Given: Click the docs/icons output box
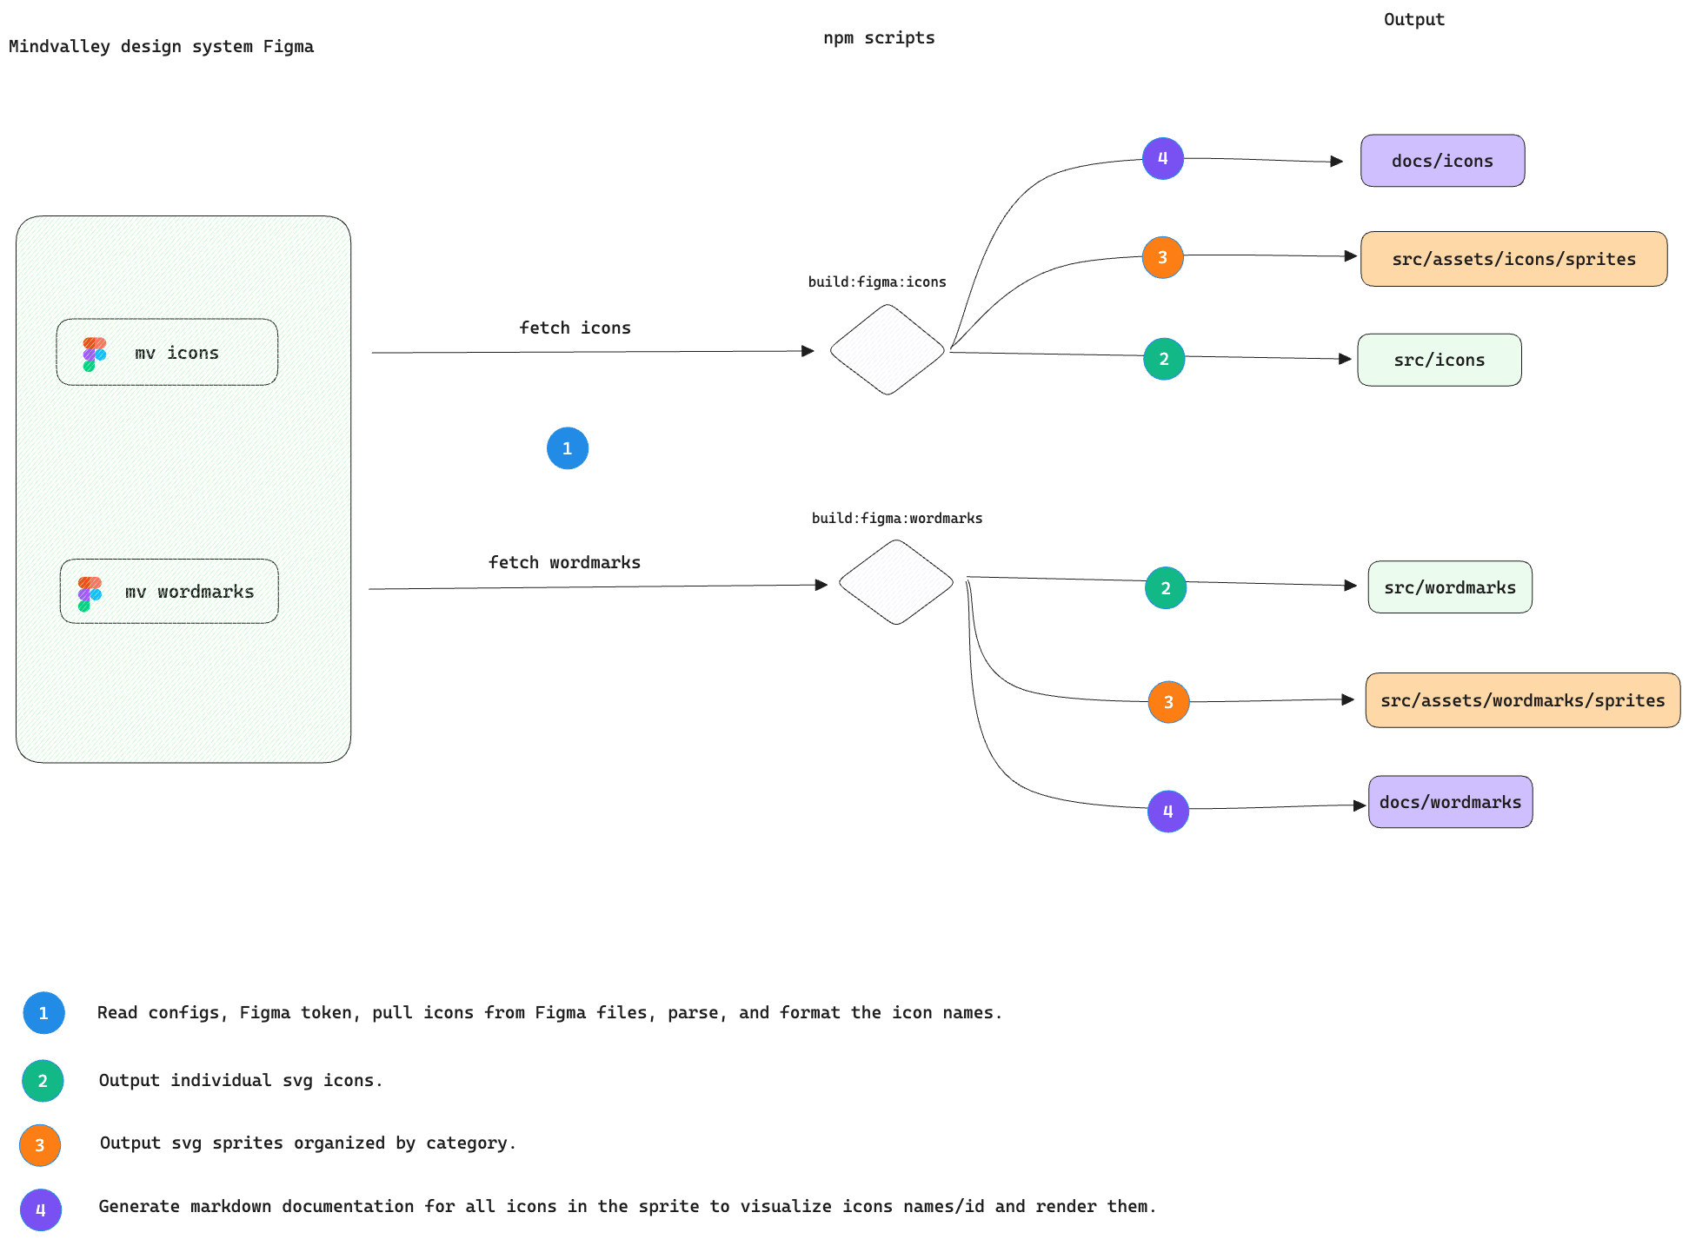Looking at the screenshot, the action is [x=1442, y=161].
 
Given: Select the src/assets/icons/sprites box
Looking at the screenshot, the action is [x=1513, y=259].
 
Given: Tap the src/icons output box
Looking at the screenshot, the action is [x=1440, y=360].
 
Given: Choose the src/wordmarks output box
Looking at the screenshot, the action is [x=1450, y=587].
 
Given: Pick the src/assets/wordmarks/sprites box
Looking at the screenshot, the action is [x=1523, y=700].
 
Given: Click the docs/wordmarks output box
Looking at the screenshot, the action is [x=1451, y=802].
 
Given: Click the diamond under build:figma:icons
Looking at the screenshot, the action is [x=888, y=349].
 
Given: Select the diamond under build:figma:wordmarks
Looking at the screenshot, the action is [x=896, y=582].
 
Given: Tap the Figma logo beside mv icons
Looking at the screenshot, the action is [x=94, y=354].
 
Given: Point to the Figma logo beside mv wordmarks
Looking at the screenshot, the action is [x=90, y=594].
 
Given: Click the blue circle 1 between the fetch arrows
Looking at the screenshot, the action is [x=568, y=448].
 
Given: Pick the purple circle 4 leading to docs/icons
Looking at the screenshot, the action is [x=1163, y=159].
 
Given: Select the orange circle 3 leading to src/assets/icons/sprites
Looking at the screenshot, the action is [x=1163, y=257].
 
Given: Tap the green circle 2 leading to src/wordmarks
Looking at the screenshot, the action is [x=1166, y=588].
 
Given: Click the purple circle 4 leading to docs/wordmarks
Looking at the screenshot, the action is [x=1168, y=812].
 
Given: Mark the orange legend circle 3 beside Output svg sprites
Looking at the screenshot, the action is [x=40, y=1145].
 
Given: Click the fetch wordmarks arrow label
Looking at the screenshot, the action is [x=565, y=563].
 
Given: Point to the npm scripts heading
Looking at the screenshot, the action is [x=879, y=38].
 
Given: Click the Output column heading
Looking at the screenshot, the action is [x=1414, y=19].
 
